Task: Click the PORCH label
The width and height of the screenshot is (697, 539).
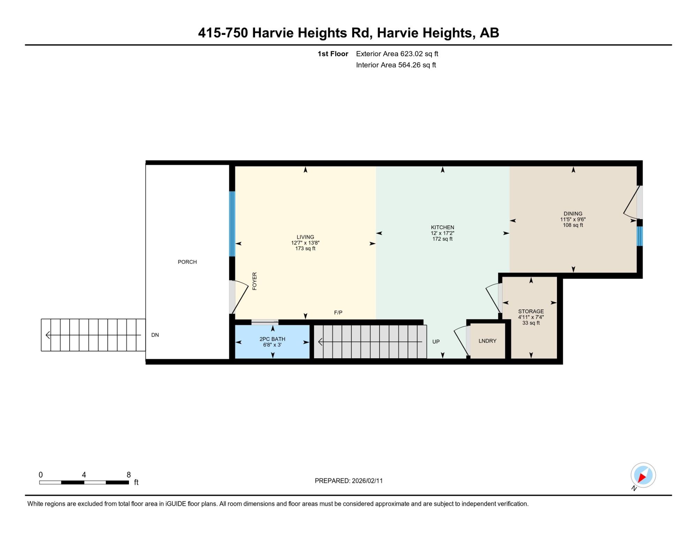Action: [187, 262]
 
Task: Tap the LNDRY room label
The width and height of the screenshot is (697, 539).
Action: [487, 341]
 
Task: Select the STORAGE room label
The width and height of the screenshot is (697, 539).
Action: [531, 311]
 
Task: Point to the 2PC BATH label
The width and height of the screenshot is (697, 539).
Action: [272, 339]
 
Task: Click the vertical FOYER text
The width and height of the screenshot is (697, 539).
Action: [254, 281]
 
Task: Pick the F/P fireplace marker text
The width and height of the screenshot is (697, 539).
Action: [338, 313]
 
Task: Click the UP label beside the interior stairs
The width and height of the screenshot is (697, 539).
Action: [436, 342]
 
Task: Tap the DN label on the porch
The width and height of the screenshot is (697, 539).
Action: [155, 335]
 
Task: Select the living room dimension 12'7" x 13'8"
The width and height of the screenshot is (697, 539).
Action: [305, 243]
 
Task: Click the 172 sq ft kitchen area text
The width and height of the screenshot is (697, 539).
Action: [442, 239]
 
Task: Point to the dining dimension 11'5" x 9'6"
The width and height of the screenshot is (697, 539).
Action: [573, 219]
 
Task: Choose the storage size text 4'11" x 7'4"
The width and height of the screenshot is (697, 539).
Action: [531, 317]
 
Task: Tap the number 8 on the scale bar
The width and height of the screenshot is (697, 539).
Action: [129, 475]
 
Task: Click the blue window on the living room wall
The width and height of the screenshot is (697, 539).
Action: [232, 224]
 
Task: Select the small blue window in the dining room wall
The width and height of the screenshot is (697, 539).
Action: [639, 236]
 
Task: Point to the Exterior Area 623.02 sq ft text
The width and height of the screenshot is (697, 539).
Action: [397, 54]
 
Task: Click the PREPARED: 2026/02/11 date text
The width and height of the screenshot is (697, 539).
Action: [348, 481]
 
